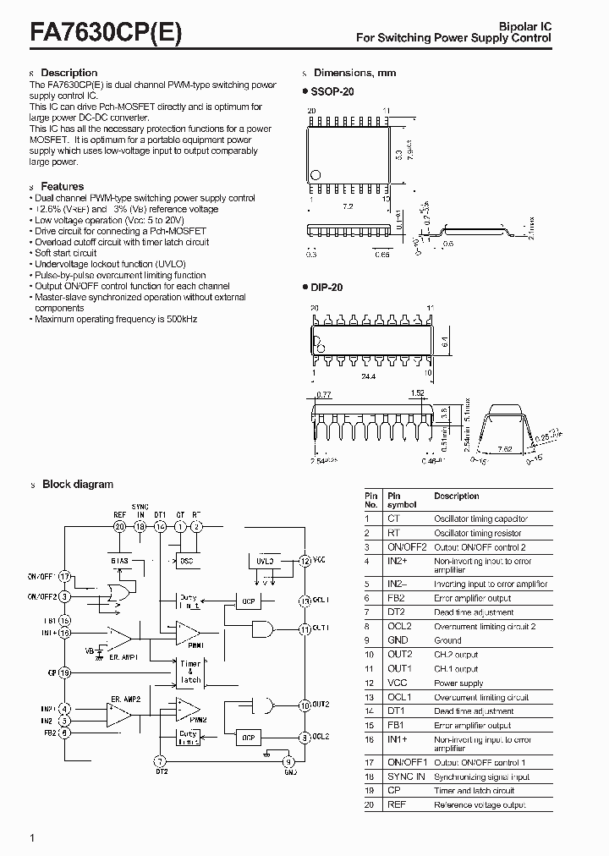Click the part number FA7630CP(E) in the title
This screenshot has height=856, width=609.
[x=106, y=32]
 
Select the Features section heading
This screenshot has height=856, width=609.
[x=62, y=186]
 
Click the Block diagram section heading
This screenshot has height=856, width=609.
[x=77, y=485]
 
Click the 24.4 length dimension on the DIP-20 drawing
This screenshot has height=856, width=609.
[x=370, y=377]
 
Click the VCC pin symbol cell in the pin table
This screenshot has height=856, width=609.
[x=397, y=683]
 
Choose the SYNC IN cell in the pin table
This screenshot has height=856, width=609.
[x=406, y=776]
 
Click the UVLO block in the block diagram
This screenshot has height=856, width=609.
[x=264, y=560]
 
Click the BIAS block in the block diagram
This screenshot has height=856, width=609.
[x=118, y=560]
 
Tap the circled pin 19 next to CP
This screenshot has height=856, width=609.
[x=65, y=673]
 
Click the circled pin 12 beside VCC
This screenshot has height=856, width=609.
[x=304, y=560]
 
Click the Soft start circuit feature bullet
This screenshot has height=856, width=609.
[x=66, y=253]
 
